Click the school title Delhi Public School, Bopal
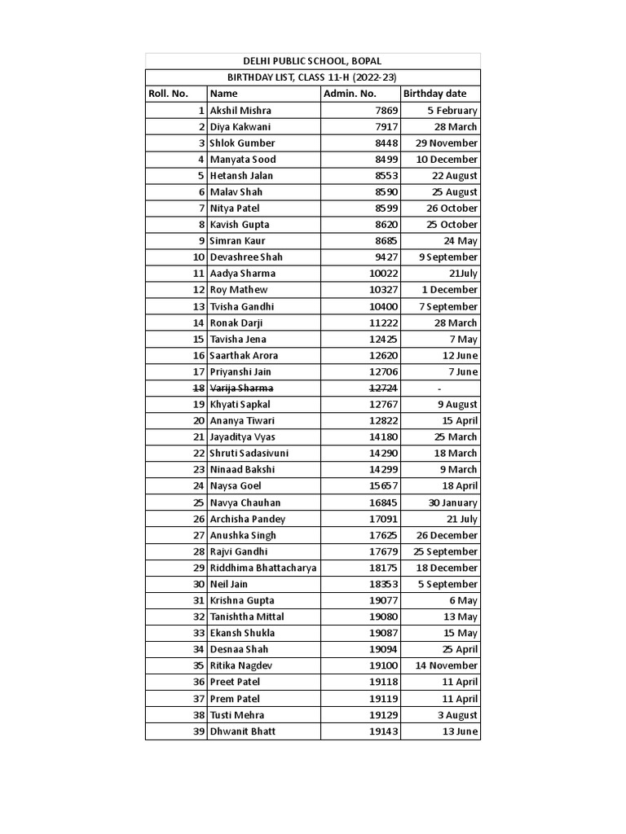(x=312, y=61)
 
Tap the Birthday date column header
(x=434, y=94)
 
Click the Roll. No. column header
(x=169, y=94)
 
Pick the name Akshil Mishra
(x=240, y=110)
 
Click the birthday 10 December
(x=447, y=159)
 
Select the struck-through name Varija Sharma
(x=241, y=388)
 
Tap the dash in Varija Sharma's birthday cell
(x=439, y=388)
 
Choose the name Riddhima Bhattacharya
(x=263, y=568)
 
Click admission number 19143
(x=383, y=731)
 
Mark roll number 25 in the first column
(x=199, y=503)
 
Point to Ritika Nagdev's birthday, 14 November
(x=447, y=665)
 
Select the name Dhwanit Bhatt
(x=243, y=731)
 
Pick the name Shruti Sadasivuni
(x=249, y=453)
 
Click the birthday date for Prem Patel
(x=460, y=699)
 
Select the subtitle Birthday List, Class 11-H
(x=312, y=77)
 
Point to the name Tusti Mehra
(x=237, y=715)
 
